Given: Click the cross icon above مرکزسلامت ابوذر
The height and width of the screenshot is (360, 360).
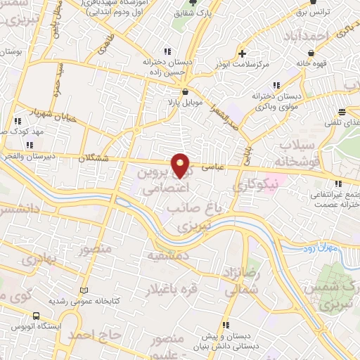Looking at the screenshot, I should coord(242,53).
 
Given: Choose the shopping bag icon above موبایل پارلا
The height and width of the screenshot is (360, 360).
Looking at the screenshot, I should coord(184,91).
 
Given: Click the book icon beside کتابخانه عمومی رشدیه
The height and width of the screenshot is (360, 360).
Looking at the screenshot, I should coord(84,291).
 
